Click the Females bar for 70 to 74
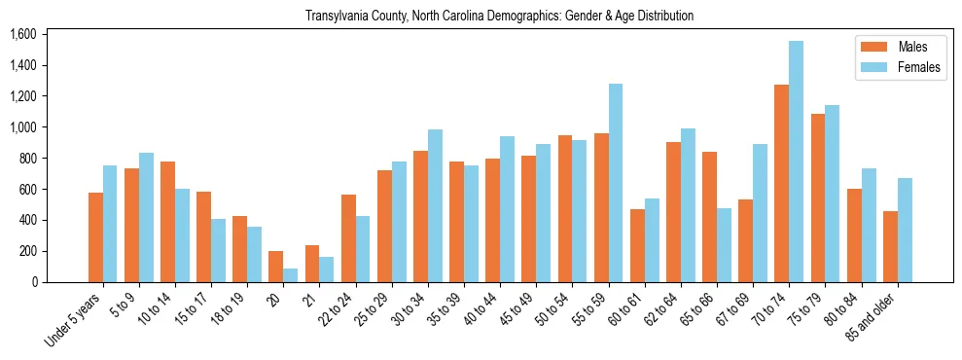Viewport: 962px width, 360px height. [797, 162]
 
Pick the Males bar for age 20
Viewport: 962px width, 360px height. [276, 267]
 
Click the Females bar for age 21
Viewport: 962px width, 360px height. [327, 270]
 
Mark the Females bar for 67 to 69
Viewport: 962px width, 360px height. [761, 213]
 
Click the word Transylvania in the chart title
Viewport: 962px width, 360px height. [338, 17]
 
